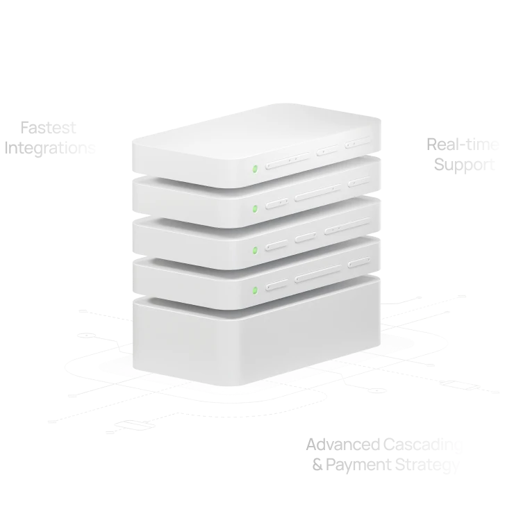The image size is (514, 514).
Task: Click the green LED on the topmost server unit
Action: (x=255, y=167)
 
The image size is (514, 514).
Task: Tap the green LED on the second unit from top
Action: (x=255, y=207)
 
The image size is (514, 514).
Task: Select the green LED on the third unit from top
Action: (x=255, y=249)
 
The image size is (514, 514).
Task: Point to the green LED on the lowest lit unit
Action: (x=255, y=289)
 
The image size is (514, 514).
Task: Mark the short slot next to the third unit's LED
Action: (x=276, y=244)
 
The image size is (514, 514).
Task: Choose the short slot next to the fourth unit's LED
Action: (x=276, y=285)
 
